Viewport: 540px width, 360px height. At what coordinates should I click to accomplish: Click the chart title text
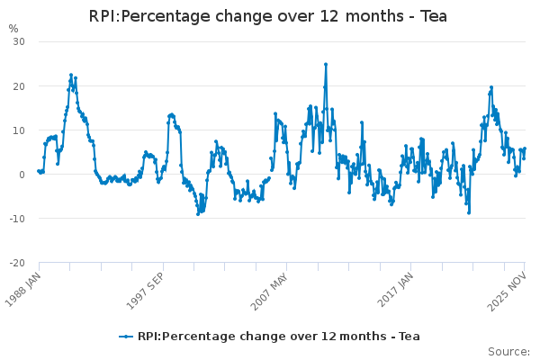[x=269, y=16]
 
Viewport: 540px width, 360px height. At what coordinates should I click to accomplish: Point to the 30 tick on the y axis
[x=18, y=41]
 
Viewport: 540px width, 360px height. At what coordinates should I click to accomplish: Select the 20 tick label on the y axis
[x=18, y=85]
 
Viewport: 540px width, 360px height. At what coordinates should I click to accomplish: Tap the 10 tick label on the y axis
[x=18, y=130]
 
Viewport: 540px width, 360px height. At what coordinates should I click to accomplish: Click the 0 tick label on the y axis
[x=22, y=174]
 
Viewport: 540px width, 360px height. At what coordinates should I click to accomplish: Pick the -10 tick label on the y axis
[x=16, y=218]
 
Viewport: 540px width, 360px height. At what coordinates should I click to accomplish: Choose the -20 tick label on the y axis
[x=16, y=262]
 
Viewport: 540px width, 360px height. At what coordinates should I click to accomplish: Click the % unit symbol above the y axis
[x=13, y=29]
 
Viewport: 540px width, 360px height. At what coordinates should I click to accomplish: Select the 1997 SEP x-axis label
[x=147, y=287]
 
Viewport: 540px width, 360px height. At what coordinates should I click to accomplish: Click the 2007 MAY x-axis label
[x=271, y=287]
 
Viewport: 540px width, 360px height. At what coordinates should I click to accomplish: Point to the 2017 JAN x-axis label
[x=396, y=287]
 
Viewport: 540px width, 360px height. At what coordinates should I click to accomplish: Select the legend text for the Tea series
[x=278, y=337]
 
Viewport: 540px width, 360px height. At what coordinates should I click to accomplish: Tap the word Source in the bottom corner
[x=508, y=351]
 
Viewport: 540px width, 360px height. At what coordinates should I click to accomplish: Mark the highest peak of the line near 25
[x=326, y=64]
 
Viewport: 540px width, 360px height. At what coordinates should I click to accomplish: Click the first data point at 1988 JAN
[x=38, y=170]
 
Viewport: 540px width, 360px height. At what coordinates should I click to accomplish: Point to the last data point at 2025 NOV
[x=525, y=149]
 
